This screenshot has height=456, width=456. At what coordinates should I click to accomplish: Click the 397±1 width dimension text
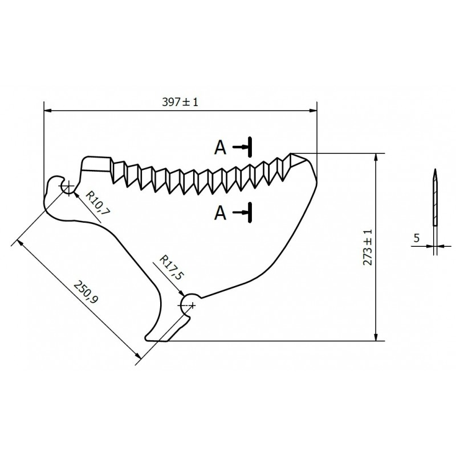pos(180,102)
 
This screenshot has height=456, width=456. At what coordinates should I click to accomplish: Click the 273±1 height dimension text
pos(368,247)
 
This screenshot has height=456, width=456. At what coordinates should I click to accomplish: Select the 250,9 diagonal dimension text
pos(85,292)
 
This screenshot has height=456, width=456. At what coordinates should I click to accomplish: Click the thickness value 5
pos(417,238)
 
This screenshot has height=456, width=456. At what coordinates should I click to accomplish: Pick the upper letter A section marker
pos(220,148)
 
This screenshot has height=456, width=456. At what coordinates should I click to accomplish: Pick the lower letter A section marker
pos(220,213)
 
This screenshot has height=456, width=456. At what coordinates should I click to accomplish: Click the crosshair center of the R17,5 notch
pos(192,305)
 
